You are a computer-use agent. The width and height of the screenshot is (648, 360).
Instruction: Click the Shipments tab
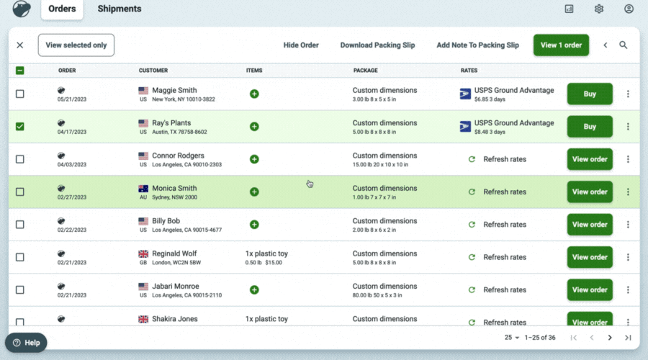(x=120, y=9)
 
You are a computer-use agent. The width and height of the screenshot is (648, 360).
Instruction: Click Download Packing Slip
(x=377, y=45)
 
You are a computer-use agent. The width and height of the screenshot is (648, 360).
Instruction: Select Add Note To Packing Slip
(x=477, y=45)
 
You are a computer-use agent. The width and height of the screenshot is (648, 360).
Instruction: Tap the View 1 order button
(x=561, y=45)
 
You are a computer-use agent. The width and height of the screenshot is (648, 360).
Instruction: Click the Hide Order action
(x=301, y=45)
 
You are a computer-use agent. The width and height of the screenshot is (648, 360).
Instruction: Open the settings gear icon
(x=599, y=9)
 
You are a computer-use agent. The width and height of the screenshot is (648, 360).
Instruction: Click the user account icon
(x=629, y=9)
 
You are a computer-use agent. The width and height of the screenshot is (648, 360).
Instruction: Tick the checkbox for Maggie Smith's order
(x=19, y=94)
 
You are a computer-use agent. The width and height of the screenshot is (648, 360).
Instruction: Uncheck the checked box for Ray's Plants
(x=19, y=127)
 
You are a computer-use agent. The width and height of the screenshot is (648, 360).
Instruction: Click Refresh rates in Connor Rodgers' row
(x=504, y=159)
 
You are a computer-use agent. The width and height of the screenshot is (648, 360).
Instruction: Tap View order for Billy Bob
(x=590, y=225)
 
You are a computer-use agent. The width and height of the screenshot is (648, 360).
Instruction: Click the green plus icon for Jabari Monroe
(x=254, y=289)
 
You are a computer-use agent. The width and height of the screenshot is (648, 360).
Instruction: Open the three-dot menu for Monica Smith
(x=628, y=192)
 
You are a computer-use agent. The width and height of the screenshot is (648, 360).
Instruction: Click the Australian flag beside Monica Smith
(x=143, y=189)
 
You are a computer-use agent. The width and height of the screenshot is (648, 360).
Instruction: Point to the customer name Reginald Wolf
(x=174, y=253)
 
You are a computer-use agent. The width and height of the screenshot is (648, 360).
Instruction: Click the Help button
(x=26, y=343)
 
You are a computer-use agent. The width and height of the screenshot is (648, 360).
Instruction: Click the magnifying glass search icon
(x=624, y=45)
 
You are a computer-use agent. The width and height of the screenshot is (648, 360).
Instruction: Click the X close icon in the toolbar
(x=19, y=45)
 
